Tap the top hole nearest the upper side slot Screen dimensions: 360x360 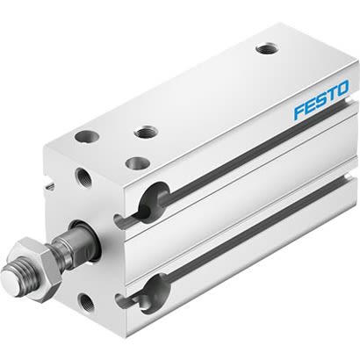click(x=136, y=162)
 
